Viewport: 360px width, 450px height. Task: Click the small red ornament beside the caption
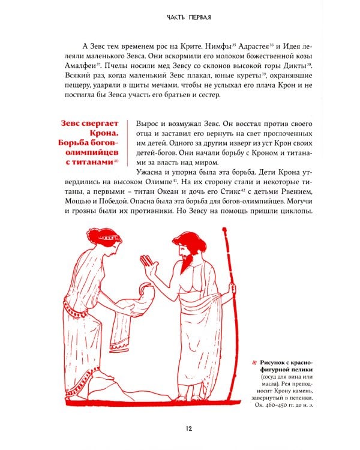(254, 363)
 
